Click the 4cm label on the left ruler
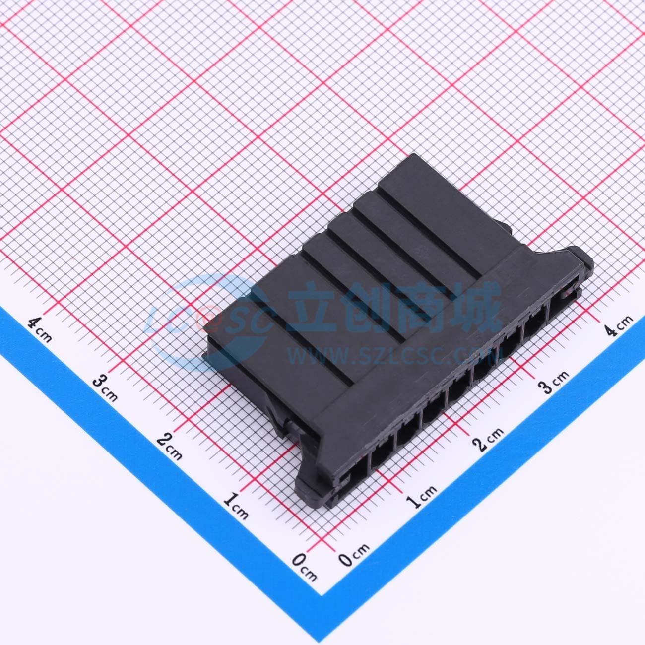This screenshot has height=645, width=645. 40,330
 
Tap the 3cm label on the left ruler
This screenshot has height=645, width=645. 105,388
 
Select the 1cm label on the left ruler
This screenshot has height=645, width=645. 236,506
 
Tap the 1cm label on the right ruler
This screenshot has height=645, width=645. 421,497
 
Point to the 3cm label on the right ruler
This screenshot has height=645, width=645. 553,382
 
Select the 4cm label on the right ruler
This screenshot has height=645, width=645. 619,325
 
